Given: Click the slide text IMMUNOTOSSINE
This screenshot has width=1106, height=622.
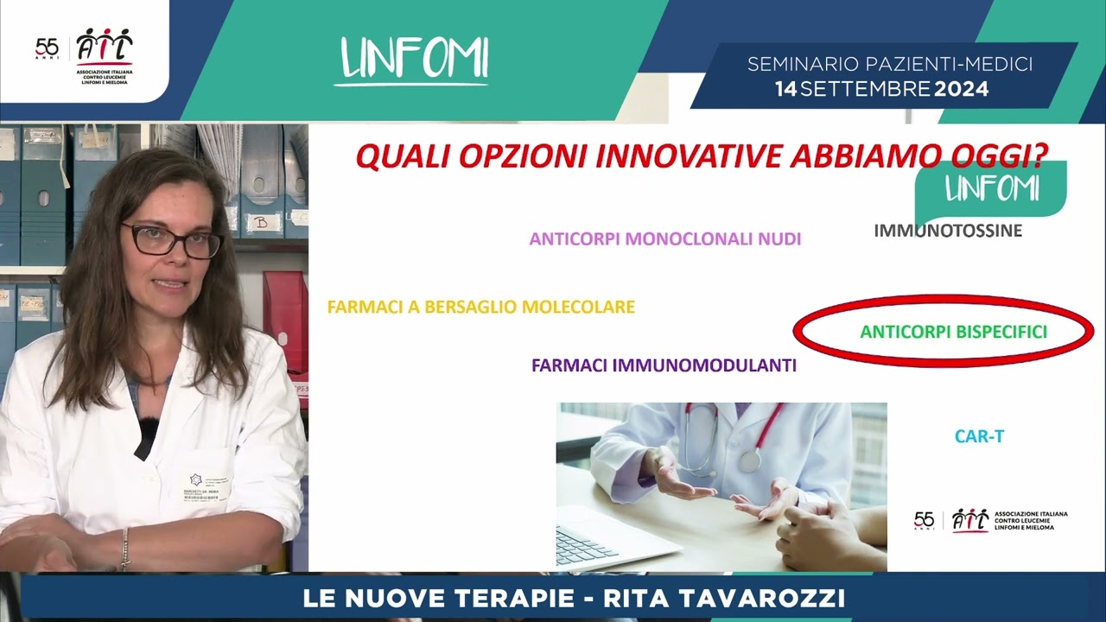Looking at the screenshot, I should pos(948,231).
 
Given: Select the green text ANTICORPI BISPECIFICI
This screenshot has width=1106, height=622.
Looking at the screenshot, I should pos(953,332).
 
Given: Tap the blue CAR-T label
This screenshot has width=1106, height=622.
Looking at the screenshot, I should pos(979,437).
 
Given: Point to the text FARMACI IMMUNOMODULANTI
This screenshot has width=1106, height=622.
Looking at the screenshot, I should pos(664,365).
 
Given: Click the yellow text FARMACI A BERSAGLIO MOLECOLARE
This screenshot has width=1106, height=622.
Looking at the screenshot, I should pos(481,307).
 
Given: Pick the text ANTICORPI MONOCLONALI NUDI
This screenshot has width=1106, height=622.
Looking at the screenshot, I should pos(665,238).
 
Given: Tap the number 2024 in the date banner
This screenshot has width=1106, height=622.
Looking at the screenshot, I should pos(962,88).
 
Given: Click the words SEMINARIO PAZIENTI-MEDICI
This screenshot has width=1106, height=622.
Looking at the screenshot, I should pos(890,64).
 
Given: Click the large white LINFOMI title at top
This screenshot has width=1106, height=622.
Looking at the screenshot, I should pos(415,58).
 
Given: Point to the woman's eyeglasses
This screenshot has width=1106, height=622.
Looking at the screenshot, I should pos(173,241).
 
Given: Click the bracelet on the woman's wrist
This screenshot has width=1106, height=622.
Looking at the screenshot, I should pos(125,549).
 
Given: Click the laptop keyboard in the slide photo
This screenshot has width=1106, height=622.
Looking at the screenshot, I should pos(587,545).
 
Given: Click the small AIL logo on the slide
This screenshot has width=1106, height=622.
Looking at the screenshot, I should pos(969,519).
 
